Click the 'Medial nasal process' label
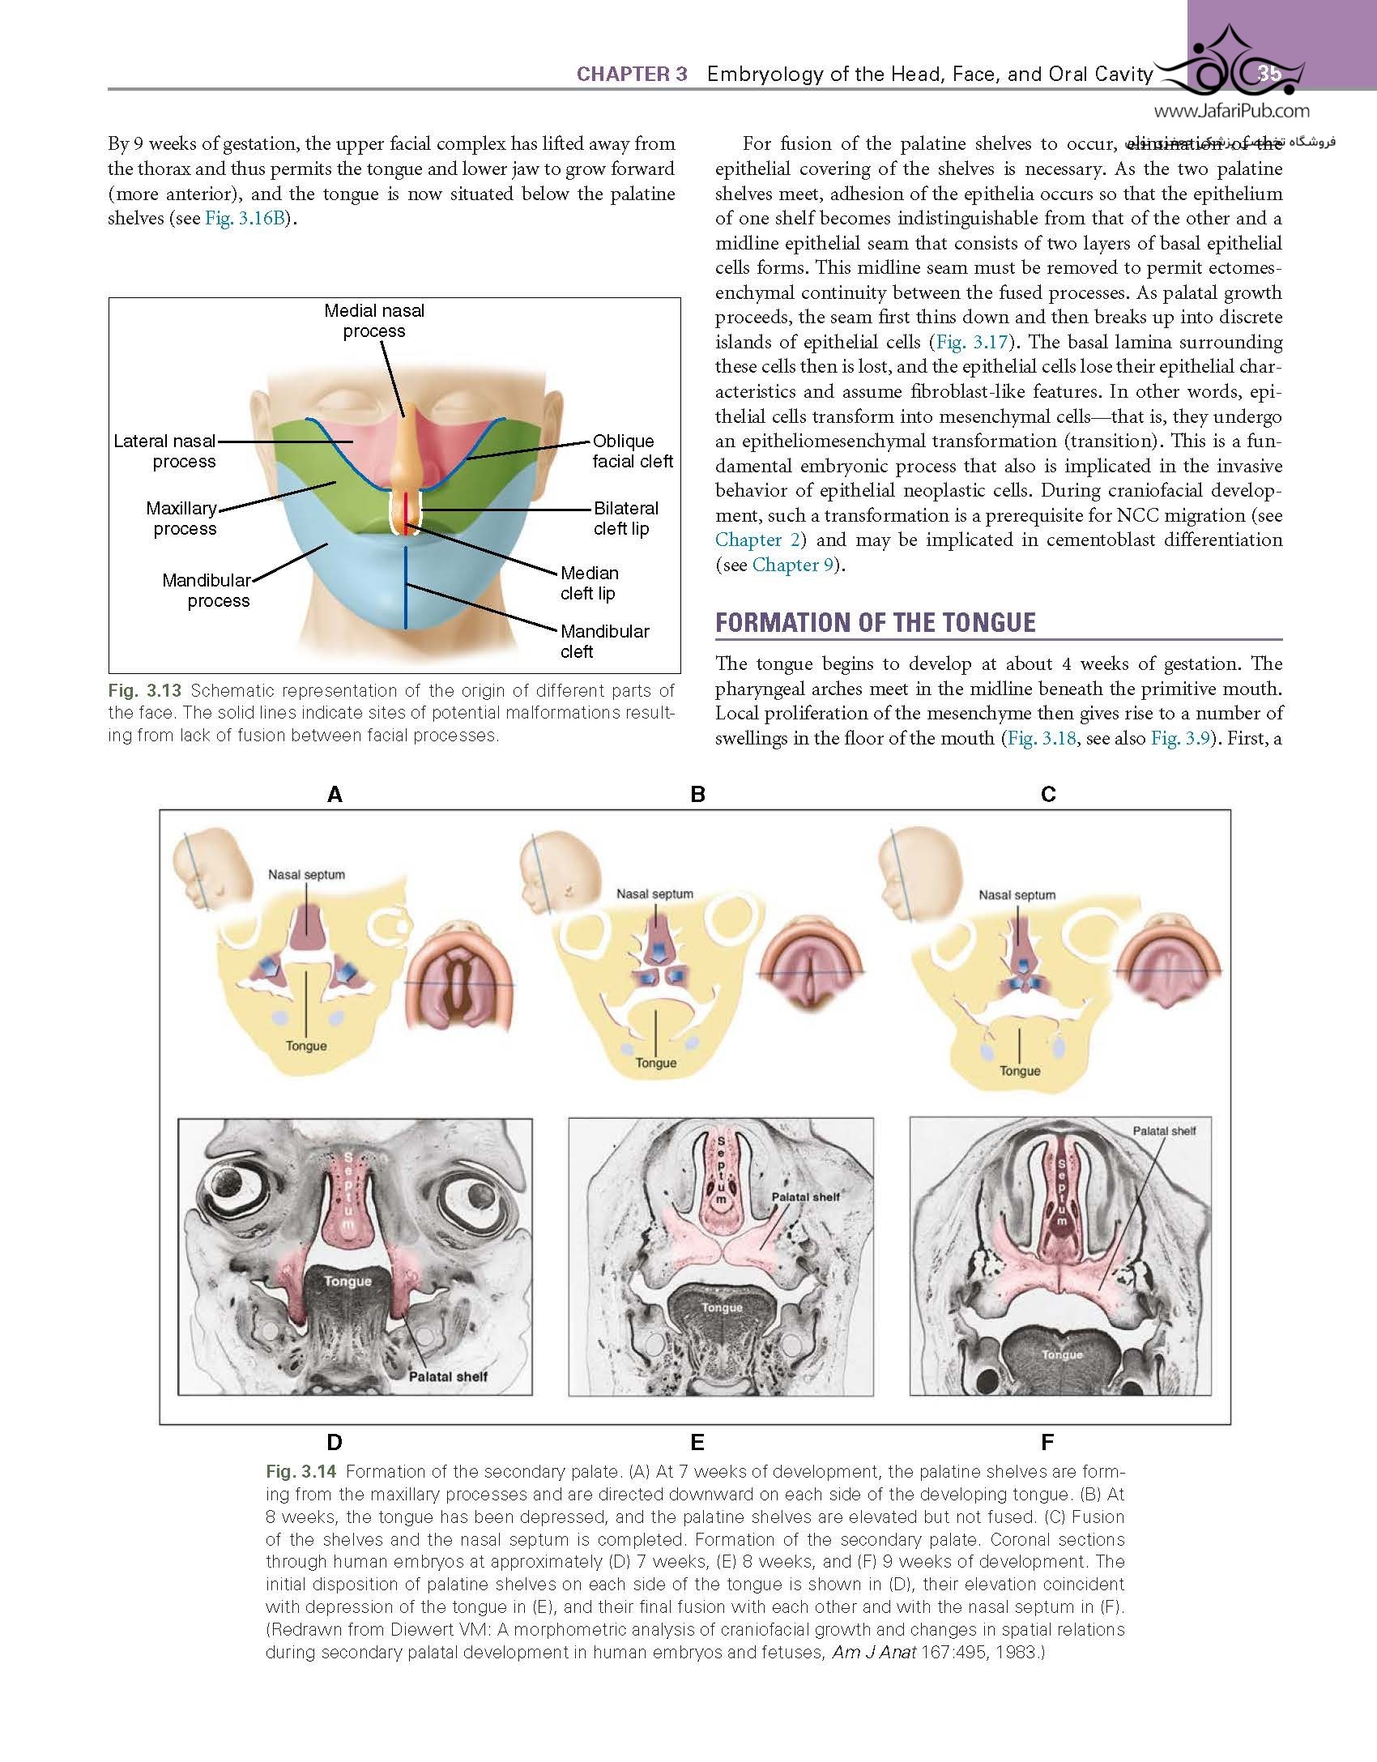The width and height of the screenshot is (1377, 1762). pos(374,321)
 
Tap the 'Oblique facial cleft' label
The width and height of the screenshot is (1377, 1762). pos(633,451)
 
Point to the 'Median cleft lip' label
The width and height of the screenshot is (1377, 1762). pos(589,583)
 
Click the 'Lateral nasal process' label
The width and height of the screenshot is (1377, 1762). pos(165,451)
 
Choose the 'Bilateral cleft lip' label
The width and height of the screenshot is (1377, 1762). pos(625,518)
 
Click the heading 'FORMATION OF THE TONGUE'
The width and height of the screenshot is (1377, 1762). pos(876,622)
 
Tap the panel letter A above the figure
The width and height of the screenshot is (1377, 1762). pos(335,795)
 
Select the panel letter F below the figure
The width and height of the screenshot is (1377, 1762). pos(1047,1442)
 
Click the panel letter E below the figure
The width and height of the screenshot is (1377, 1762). pos(697,1442)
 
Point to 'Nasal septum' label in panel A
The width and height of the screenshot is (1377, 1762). pos(307,875)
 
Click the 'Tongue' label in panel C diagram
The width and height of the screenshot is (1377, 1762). pos(1020,1071)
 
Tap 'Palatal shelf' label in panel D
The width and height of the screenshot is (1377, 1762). pos(448,1376)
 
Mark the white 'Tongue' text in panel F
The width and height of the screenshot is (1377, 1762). pos(1062,1355)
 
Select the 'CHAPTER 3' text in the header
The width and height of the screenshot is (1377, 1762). pos(632,75)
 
